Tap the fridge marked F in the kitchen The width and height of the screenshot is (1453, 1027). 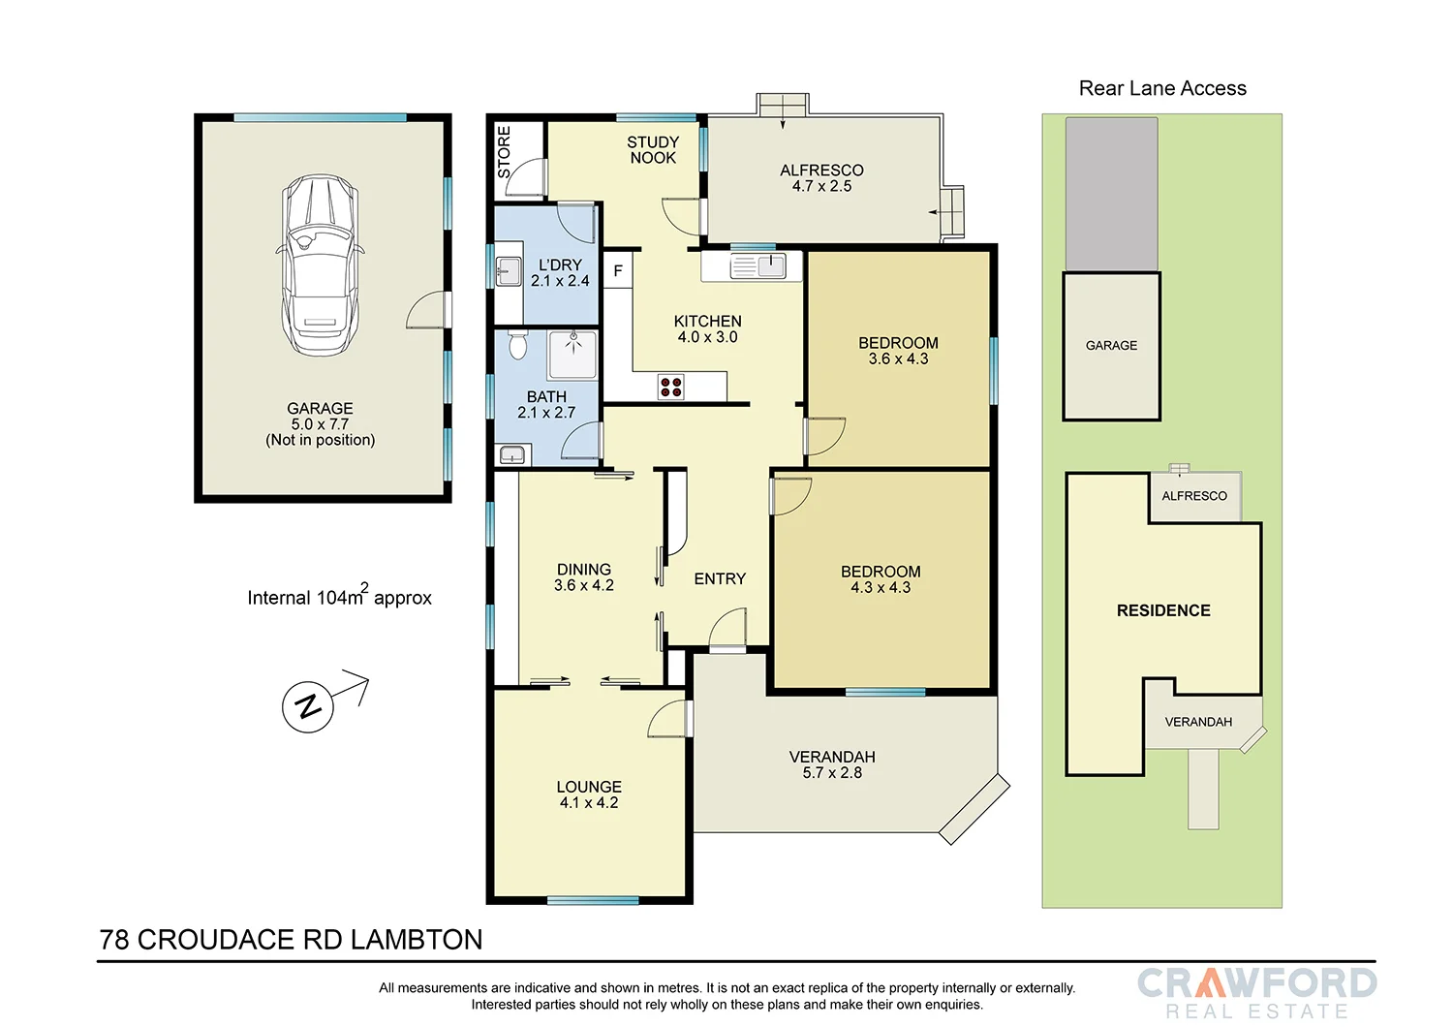(618, 271)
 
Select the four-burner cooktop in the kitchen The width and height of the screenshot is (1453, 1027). (671, 387)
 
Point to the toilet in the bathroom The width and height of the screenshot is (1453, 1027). (517, 343)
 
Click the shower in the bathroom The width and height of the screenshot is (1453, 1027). (572, 354)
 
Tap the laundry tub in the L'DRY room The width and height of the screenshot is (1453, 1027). (508, 271)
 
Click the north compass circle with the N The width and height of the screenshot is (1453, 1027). (308, 706)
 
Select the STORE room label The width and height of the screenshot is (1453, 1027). (504, 151)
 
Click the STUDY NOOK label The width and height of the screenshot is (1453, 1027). (653, 150)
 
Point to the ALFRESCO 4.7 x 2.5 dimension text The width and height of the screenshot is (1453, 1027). (821, 186)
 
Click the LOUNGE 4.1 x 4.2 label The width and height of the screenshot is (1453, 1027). (589, 794)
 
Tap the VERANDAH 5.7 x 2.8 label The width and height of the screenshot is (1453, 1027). (832, 764)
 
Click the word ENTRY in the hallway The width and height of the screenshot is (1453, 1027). (720, 578)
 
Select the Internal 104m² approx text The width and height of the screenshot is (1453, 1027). (339, 597)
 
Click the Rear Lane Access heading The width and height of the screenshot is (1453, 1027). (1162, 88)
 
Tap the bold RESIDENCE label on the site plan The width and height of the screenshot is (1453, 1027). (1163, 610)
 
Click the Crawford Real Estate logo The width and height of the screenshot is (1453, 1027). (1256, 992)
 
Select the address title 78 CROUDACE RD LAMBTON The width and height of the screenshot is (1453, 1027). (292, 940)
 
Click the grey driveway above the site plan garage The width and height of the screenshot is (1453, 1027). (1111, 194)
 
